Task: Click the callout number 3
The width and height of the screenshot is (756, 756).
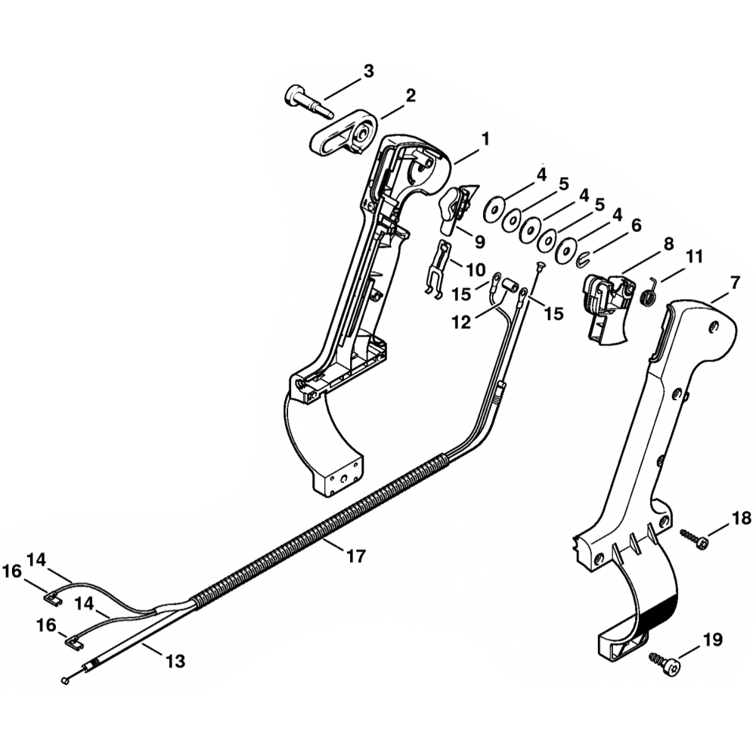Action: point(368,71)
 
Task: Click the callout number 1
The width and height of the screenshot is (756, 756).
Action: point(485,139)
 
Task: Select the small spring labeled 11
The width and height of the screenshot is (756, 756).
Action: point(649,291)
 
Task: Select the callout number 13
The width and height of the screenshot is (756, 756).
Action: point(175,661)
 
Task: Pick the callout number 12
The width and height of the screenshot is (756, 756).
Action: point(461,322)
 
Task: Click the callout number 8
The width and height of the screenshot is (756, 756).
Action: point(668,245)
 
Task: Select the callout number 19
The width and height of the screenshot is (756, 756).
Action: point(712,640)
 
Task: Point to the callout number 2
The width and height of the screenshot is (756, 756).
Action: point(411,95)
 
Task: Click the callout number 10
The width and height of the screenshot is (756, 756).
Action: point(476,268)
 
